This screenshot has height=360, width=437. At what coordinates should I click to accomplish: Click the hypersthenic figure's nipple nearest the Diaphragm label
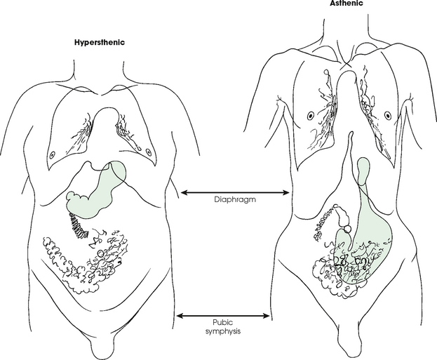(147, 152)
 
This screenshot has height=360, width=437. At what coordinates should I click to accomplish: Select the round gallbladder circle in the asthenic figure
(347, 229)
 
